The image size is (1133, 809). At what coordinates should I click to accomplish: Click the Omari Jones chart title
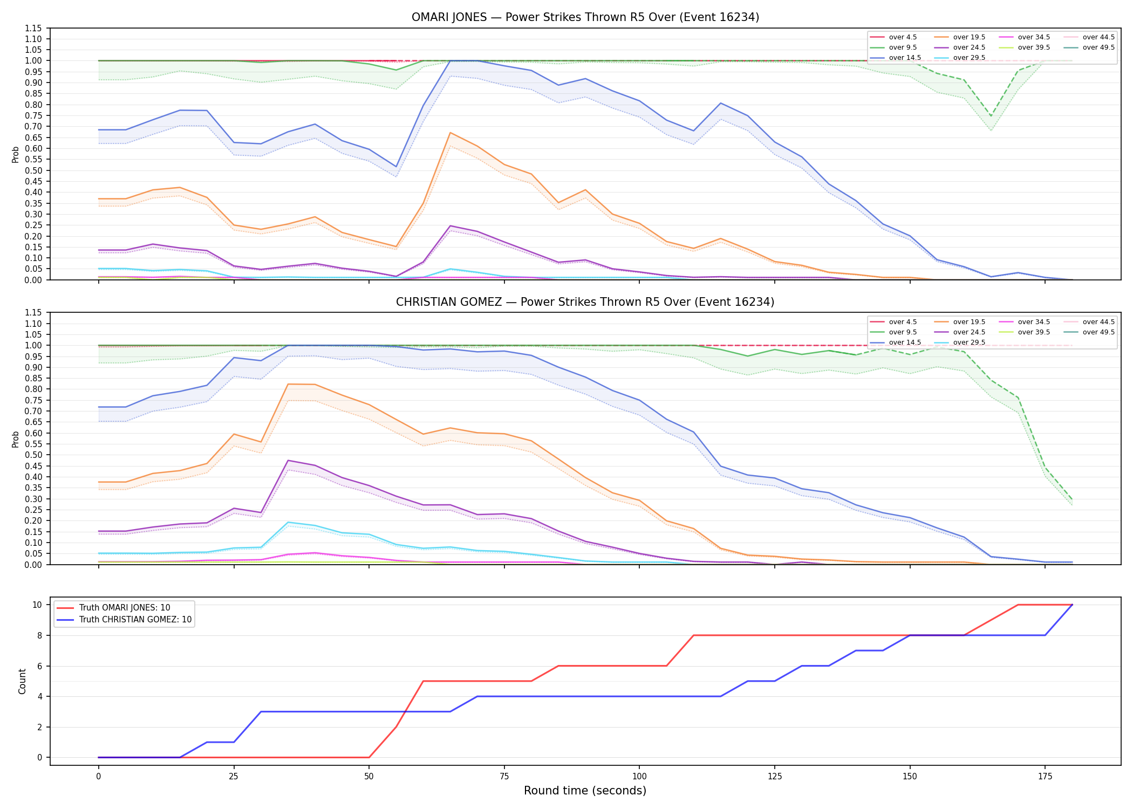tap(585, 17)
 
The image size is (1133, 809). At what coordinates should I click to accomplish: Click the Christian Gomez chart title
tap(585, 302)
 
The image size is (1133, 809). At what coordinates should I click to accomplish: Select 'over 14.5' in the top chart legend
tap(896, 58)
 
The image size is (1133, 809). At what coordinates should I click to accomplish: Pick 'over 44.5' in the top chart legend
tap(1089, 37)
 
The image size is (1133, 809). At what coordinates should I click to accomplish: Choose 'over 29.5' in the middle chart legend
tap(960, 342)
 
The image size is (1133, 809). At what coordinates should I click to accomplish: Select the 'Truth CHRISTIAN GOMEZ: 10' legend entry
tap(124, 620)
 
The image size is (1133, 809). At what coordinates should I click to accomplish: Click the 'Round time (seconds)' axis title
tap(585, 791)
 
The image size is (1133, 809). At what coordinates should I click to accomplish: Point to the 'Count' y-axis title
tap(22, 681)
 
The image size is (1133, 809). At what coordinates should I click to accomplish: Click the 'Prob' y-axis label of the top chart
tap(16, 154)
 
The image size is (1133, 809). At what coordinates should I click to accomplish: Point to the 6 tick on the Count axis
tap(39, 666)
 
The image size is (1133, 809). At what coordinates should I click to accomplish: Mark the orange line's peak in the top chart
tap(450, 133)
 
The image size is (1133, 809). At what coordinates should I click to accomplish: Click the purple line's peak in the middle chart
tap(289, 461)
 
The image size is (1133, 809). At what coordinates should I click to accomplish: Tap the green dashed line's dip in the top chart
tap(991, 116)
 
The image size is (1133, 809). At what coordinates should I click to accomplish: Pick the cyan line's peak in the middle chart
tap(289, 522)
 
